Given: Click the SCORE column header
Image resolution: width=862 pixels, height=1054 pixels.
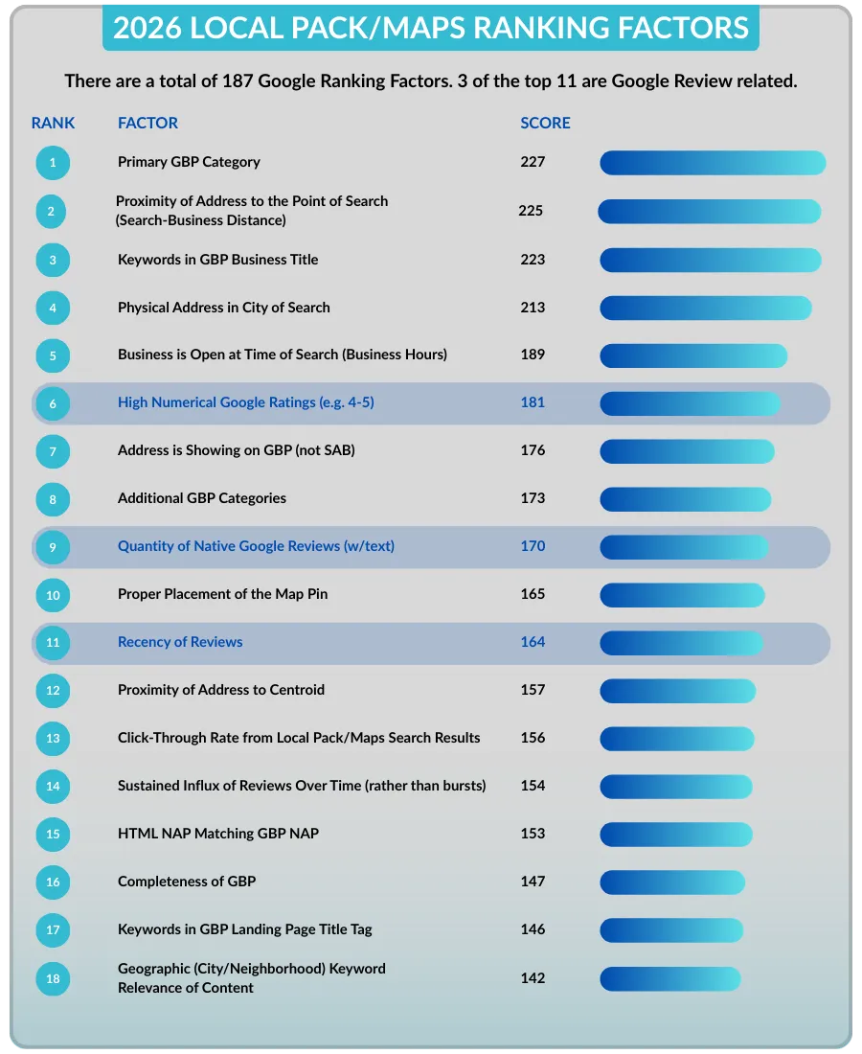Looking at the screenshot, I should (545, 123).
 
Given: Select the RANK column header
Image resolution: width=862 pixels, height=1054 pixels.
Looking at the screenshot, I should (53, 123).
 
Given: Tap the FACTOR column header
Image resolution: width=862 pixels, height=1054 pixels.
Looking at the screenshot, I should (147, 123).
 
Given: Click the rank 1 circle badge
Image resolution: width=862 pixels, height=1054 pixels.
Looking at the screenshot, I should (53, 163).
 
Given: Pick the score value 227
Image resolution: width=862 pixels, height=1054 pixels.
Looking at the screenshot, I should (533, 162).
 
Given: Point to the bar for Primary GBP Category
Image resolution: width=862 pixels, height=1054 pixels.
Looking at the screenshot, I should (713, 163).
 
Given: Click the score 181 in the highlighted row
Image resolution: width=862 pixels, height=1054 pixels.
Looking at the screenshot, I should (533, 402).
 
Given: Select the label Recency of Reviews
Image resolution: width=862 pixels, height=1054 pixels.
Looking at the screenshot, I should (180, 642).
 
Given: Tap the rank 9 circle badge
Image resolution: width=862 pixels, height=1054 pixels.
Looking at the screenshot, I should (53, 547).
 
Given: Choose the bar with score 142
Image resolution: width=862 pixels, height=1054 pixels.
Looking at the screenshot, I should (670, 978).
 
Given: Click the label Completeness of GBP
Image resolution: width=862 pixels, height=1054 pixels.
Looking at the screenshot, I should (187, 882).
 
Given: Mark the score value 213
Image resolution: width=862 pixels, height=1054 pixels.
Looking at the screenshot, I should (533, 308).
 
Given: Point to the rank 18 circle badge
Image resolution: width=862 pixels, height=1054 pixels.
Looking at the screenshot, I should (53, 978).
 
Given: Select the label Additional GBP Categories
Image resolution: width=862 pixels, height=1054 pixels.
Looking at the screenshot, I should (202, 498).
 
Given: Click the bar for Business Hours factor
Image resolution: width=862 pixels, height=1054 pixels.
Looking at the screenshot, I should (693, 355).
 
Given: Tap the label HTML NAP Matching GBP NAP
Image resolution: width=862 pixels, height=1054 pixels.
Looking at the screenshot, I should (218, 834).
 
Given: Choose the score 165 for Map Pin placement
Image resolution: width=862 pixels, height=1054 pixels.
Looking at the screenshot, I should (533, 594).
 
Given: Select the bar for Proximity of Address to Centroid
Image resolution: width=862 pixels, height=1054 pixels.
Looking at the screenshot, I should (677, 690).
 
